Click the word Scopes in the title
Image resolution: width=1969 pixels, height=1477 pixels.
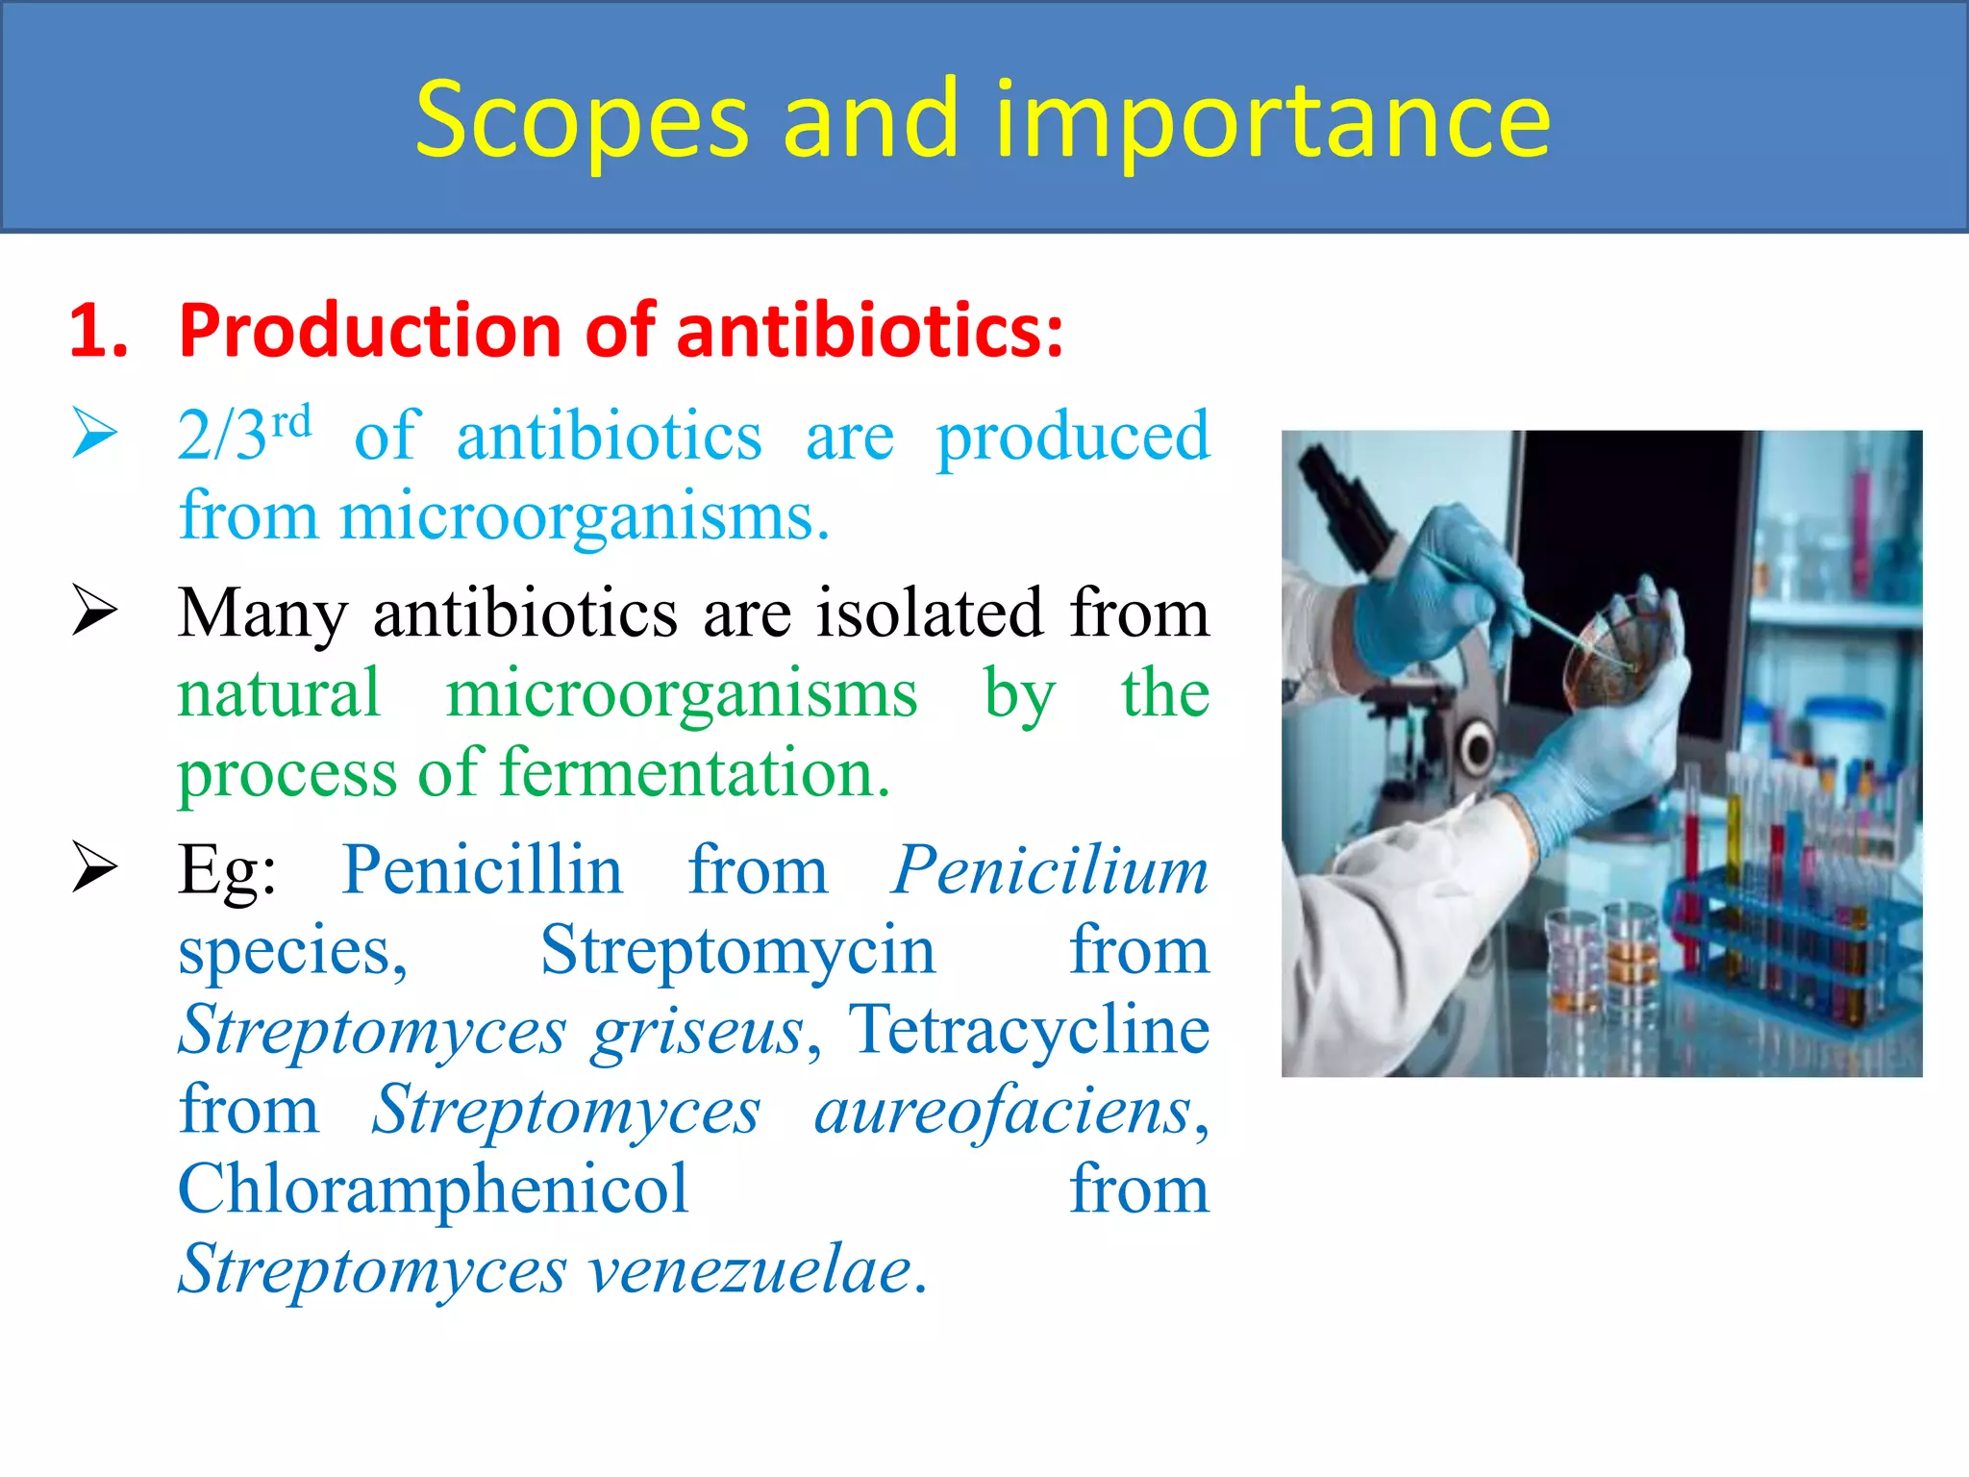[x=581, y=122]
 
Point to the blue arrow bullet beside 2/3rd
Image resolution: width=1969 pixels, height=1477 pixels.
[x=94, y=435]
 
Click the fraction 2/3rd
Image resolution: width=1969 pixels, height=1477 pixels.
[x=244, y=435]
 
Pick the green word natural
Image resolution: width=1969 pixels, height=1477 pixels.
[x=279, y=693]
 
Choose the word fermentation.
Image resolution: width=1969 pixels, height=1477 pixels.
[x=694, y=773]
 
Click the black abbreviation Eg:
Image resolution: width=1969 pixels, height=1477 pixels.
[x=227, y=871]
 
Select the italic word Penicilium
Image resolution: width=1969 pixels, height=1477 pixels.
[x=1049, y=871]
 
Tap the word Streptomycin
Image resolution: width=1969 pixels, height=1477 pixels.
[x=737, y=951]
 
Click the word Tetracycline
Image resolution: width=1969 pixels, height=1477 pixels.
[x=1028, y=1030]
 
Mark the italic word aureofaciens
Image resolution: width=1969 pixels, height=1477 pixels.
[x=1005, y=1111]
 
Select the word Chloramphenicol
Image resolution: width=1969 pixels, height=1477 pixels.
[x=434, y=1190]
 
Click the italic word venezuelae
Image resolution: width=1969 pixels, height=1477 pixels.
[x=750, y=1270]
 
